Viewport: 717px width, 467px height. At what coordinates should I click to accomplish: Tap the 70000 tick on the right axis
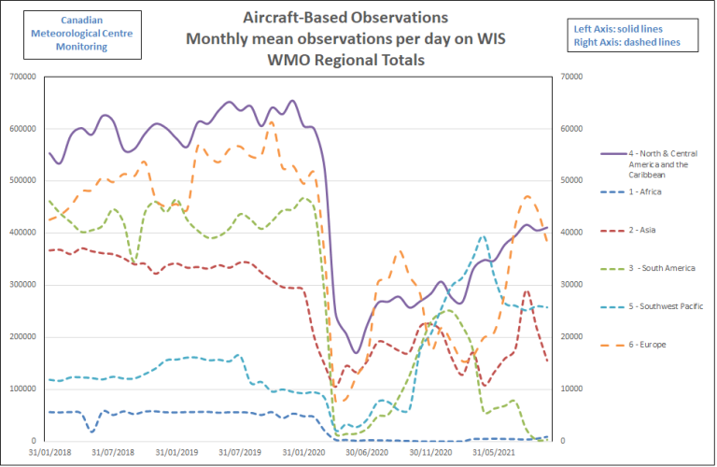[x=569, y=76]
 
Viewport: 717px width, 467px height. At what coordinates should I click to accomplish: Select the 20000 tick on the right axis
[x=569, y=336]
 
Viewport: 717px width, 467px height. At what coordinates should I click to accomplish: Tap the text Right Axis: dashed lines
[x=626, y=42]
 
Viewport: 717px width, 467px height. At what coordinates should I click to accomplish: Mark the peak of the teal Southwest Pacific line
[x=483, y=236]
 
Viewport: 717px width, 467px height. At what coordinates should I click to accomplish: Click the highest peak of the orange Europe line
[x=271, y=122]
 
